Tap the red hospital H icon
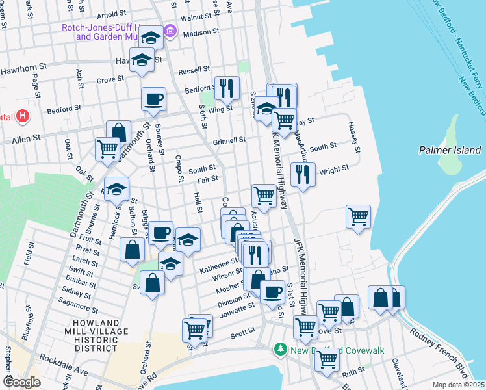23,117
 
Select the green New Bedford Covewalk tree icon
280,350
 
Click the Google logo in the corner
21,382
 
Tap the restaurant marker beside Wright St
303,174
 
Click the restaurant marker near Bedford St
227,88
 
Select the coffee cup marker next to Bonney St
153,99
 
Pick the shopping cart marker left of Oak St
107,148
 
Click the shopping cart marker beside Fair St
264,195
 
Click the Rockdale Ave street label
62,361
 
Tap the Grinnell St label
229,140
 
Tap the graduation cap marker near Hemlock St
116,189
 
